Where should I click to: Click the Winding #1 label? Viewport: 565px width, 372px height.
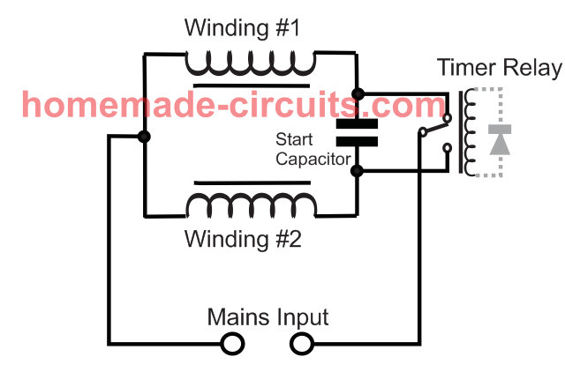pos(242,27)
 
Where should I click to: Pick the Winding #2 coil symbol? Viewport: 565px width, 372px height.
pos(250,205)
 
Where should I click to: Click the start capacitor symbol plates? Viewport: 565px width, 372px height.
pos(357,131)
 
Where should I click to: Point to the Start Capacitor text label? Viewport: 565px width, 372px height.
pos(309,149)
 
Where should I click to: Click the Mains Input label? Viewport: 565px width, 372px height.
pos(267,316)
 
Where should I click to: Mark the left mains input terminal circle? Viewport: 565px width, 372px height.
pos(231,343)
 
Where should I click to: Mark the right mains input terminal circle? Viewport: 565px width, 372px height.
pos(302,343)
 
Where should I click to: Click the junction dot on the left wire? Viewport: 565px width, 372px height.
pos(143,137)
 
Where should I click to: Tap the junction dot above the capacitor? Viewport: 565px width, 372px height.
pos(357,93)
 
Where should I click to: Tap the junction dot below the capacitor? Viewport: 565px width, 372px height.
pos(357,171)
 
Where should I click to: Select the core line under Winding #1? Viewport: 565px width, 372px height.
pos(250,86)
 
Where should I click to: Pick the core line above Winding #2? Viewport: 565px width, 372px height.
pos(250,182)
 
